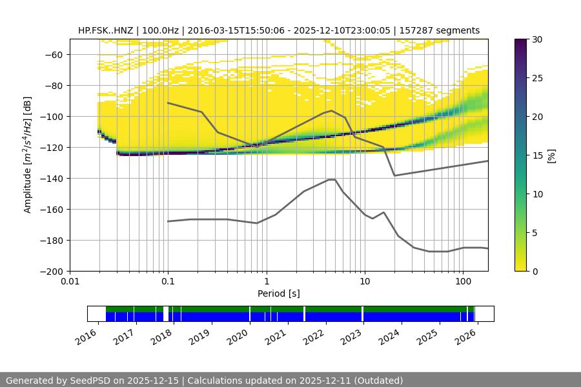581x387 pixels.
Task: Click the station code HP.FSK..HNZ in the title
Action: pyautogui.click(x=107, y=30)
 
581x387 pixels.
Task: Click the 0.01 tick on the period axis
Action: pyautogui.click(x=70, y=282)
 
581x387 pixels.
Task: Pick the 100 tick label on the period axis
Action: pyautogui.click(x=462, y=282)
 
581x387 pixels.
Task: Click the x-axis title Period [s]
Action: pyautogui.click(x=278, y=293)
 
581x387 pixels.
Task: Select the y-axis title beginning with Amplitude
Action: pyautogui.click(x=27, y=155)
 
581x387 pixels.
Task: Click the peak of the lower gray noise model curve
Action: pyautogui.click(x=332, y=179)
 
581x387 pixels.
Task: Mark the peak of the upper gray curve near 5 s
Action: pyautogui.click(x=332, y=110)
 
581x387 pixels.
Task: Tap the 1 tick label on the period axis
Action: pyautogui.click(x=266, y=282)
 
